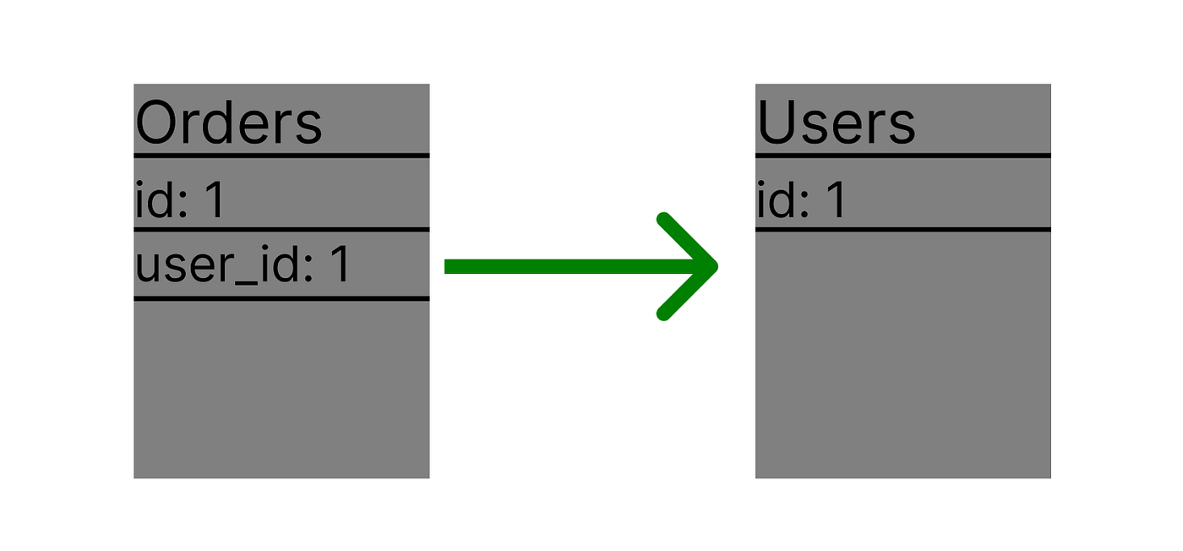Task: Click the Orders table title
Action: click(228, 123)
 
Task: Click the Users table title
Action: click(836, 123)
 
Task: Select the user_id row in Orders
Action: click(243, 265)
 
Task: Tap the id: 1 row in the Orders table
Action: click(180, 201)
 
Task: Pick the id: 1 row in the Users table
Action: click(801, 201)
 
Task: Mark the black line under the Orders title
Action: click(281, 155)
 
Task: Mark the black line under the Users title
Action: click(902, 155)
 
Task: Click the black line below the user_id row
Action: click(281, 298)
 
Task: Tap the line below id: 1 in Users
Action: click(902, 229)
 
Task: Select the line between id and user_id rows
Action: click(281, 229)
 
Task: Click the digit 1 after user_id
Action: click(340, 265)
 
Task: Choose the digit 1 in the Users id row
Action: click(836, 201)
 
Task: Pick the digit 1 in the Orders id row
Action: click(215, 201)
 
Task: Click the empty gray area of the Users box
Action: click(902, 355)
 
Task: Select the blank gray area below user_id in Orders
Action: click(281, 389)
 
